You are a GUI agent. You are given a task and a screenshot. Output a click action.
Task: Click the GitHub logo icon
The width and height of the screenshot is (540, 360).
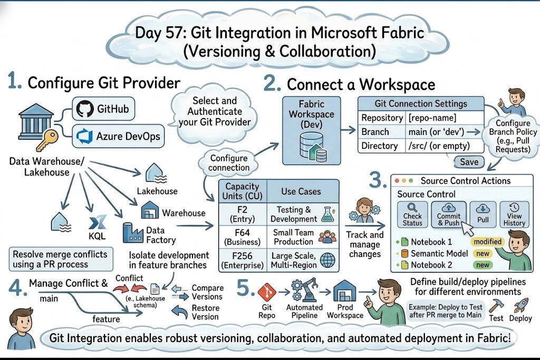(x=84, y=109)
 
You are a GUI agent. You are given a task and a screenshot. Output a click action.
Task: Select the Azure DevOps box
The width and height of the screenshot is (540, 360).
(x=118, y=137)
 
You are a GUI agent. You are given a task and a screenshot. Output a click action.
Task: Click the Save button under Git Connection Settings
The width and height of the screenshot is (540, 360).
(x=469, y=162)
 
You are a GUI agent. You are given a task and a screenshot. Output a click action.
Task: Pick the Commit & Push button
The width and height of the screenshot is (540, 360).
(x=449, y=215)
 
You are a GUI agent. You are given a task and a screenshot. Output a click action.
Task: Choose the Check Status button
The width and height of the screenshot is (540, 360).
(x=412, y=215)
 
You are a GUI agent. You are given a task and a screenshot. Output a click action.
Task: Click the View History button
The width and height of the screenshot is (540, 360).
(x=514, y=215)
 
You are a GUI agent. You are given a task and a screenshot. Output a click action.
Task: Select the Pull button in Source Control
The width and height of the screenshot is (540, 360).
(x=483, y=215)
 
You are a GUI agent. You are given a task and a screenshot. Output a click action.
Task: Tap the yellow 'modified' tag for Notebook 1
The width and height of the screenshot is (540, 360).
(x=487, y=241)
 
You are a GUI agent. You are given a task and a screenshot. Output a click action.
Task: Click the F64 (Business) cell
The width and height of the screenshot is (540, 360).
(x=243, y=237)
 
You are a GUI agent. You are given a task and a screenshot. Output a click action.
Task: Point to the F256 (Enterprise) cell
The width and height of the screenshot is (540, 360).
(x=243, y=260)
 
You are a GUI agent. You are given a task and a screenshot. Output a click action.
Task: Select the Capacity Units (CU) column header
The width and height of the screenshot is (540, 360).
(x=243, y=191)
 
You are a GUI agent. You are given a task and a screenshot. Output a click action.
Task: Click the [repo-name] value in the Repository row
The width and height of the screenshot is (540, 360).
(x=432, y=118)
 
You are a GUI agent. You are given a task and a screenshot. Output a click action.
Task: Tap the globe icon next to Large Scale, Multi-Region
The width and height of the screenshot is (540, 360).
(x=327, y=260)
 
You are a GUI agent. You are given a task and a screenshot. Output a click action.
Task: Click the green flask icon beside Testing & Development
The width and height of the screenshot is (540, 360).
(x=327, y=214)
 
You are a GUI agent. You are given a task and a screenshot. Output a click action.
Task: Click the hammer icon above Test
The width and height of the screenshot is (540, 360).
(x=496, y=305)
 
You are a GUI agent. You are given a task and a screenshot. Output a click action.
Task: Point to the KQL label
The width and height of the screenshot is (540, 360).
(x=97, y=236)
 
